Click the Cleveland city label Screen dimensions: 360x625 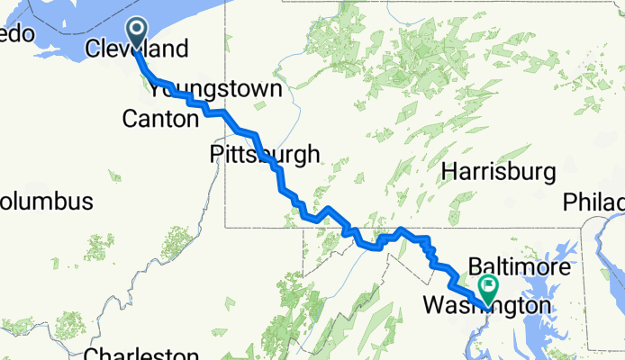click(137, 49)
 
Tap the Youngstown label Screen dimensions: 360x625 click(216, 91)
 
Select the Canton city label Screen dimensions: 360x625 click(159, 119)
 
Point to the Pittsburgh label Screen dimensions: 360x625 click(264, 154)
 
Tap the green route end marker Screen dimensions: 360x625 click(489, 288)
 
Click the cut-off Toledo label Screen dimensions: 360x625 click(16, 34)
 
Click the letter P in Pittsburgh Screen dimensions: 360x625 click(215, 154)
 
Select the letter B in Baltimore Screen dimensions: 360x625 click(474, 269)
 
